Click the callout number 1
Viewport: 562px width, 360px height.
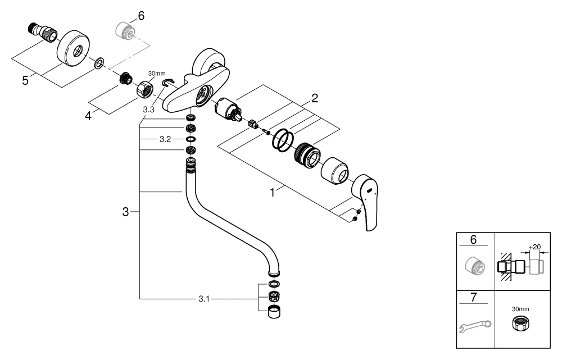tap(273, 192)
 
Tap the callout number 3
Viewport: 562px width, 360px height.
tap(126, 212)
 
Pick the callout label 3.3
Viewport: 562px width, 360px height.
tap(148, 110)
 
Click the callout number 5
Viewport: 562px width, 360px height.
tap(25, 81)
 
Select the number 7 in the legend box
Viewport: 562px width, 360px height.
tap(473, 297)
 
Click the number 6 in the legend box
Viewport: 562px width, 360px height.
tap(473, 239)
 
